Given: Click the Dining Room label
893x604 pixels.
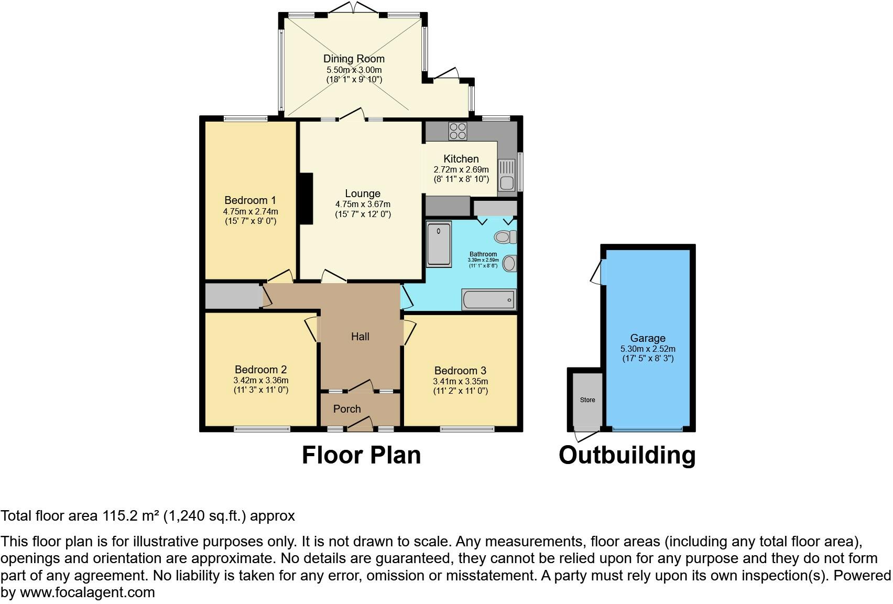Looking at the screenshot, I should click(x=354, y=59).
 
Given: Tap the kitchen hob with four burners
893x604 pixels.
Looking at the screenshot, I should click(x=458, y=131).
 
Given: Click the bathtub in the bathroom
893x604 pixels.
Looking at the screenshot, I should click(x=489, y=300).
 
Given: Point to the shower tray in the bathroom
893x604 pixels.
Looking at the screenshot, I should click(x=439, y=244).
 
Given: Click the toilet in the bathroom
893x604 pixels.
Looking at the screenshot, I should click(x=505, y=237).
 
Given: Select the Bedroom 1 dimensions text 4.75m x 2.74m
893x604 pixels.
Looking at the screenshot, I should click(x=251, y=211).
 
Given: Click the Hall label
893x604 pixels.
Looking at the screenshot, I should click(x=360, y=337).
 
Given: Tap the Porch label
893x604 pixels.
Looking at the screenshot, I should click(x=347, y=409).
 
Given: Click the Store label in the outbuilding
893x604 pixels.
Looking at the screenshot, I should click(x=587, y=400).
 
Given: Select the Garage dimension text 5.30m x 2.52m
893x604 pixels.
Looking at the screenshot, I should click(x=648, y=349).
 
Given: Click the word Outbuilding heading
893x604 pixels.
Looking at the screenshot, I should click(x=627, y=455).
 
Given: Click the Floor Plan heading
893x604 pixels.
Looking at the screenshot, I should click(x=361, y=455).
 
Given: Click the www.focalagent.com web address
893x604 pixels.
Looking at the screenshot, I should click(x=88, y=593).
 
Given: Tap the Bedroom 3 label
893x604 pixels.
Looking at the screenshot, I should click(x=460, y=371).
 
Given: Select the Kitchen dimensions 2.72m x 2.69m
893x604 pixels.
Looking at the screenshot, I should click(x=461, y=169).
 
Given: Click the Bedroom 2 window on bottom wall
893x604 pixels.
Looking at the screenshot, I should click(x=262, y=429).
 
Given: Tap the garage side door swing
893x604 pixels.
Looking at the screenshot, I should click(x=596, y=272).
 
